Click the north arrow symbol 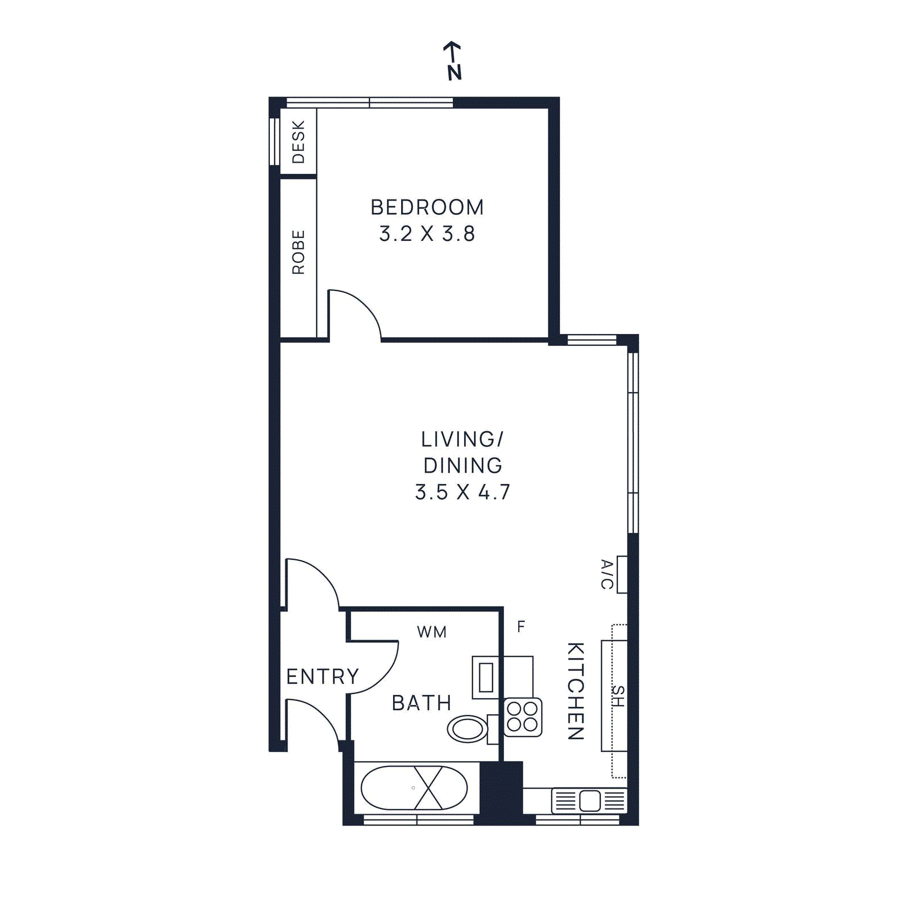453,60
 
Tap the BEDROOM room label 427,207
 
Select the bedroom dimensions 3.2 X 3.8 427,233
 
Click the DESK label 298,141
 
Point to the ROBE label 298,252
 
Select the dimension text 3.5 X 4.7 462,492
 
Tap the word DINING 462,465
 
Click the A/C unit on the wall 622,574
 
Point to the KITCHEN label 576,691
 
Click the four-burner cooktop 523,717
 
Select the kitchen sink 589,801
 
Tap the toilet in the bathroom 468,729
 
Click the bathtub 414,788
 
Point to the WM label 431,632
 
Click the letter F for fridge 520,627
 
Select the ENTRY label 322,677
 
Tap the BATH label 421,703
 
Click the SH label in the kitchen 618,695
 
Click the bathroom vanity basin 486,677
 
